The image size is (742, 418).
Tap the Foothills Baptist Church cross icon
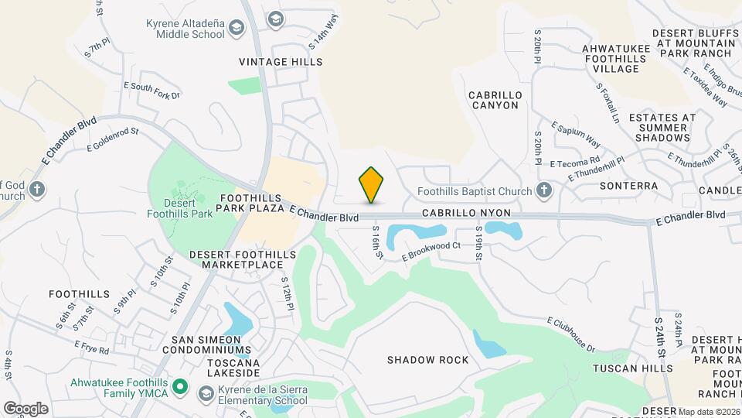[544, 190]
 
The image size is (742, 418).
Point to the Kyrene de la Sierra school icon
[206, 395]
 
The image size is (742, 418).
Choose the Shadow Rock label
[427, 360]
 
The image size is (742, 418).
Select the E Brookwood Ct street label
[431, 252]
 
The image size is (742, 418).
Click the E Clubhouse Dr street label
[572, 334]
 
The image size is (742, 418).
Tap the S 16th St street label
[377, 242]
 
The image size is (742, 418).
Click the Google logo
[26, 408]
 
